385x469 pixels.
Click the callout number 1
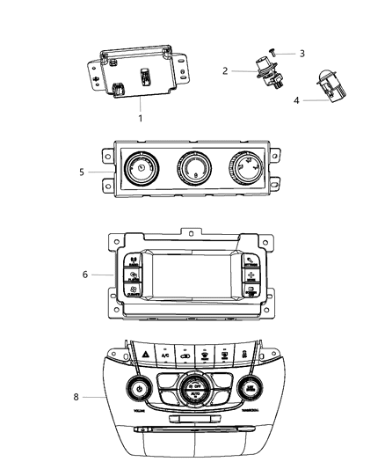(139, 117)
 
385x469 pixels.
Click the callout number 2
(224, 70)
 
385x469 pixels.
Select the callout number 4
(296, 100)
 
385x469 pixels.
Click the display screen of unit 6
(192, 280)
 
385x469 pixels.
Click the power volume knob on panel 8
(139, 387)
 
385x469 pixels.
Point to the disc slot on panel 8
(193, 431)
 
